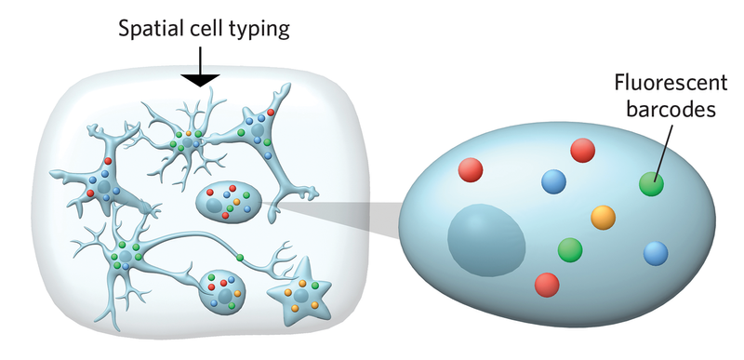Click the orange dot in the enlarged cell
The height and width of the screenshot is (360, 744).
point(604,218)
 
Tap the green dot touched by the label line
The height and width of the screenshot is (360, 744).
point(652,183)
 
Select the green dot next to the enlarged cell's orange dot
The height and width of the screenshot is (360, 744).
point(569,249)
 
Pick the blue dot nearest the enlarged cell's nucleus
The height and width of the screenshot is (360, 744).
point(553,180)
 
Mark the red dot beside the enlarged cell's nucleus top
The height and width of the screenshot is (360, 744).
point(471,169)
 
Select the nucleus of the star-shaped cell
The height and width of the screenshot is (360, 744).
point(301,298)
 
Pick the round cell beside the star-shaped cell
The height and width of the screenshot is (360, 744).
point(226,290)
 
